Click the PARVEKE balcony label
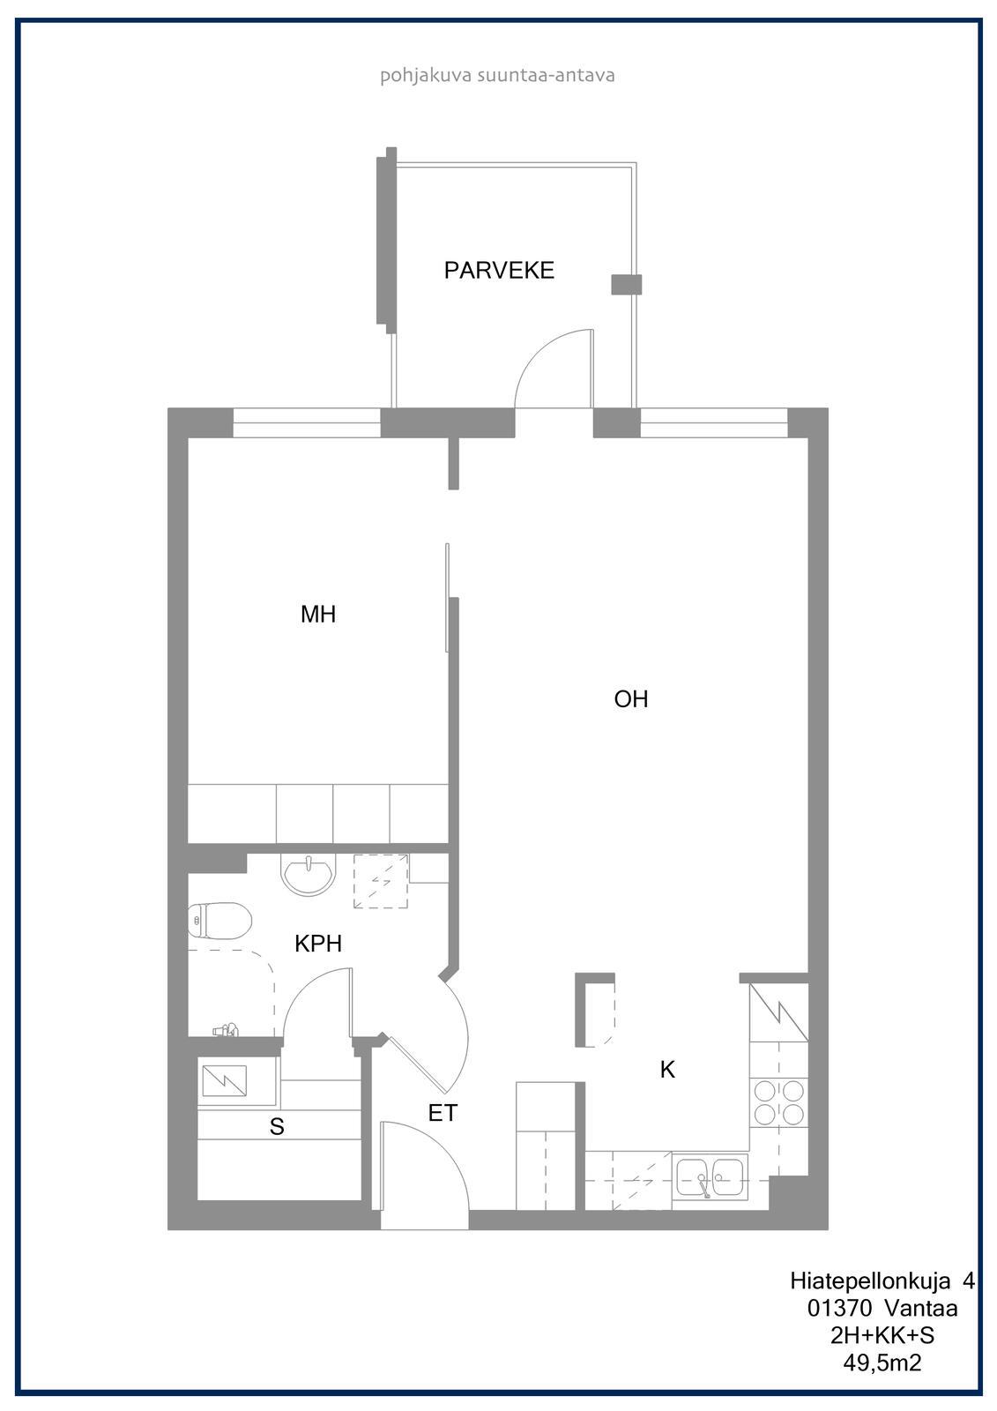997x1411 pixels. [x=499, y=270]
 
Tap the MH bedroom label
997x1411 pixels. [x=318, y=614]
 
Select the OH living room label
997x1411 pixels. [x=631, y=699]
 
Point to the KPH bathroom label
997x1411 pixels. [x=318, y=944]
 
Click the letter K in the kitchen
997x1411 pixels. [x=667, y=1070]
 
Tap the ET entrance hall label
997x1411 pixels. [x=443, y=1114]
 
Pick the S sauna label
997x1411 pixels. [x=277, y=1126]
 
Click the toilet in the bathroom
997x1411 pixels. [x=219, y=921]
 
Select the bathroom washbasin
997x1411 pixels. [x=309, y=873]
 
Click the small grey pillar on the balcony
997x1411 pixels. [x=627, y=285]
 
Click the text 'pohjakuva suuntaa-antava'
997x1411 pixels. [x=497, y=76]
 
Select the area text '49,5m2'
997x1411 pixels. [x=882, y=1363]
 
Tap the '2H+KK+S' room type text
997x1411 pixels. [x=882, y=1335]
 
